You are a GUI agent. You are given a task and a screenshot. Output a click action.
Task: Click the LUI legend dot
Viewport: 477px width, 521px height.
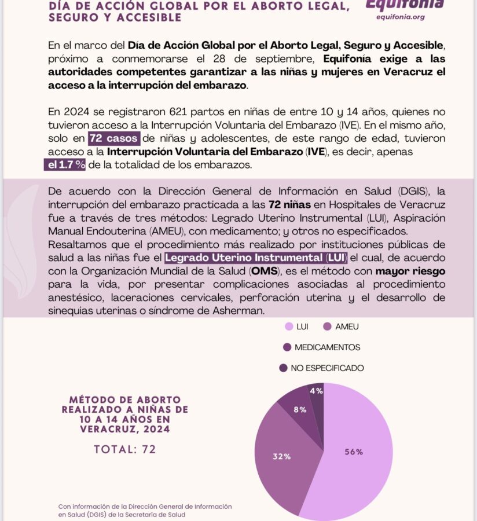[288, 326]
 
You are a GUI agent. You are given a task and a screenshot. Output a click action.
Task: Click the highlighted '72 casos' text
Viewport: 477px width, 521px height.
[113, 138]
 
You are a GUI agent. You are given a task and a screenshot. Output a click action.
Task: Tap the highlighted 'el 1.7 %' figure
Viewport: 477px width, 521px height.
[65, 165]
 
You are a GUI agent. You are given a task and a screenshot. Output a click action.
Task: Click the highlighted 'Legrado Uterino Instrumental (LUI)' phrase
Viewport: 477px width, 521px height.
[255, 257]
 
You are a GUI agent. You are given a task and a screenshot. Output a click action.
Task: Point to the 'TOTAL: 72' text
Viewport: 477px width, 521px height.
[125, 449]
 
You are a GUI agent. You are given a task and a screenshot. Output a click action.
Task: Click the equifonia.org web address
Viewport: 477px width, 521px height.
[401, 17]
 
